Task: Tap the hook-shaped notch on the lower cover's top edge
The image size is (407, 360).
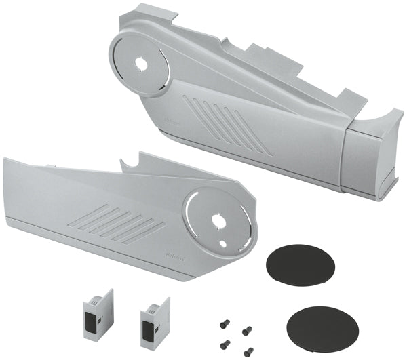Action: click(129, 162)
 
